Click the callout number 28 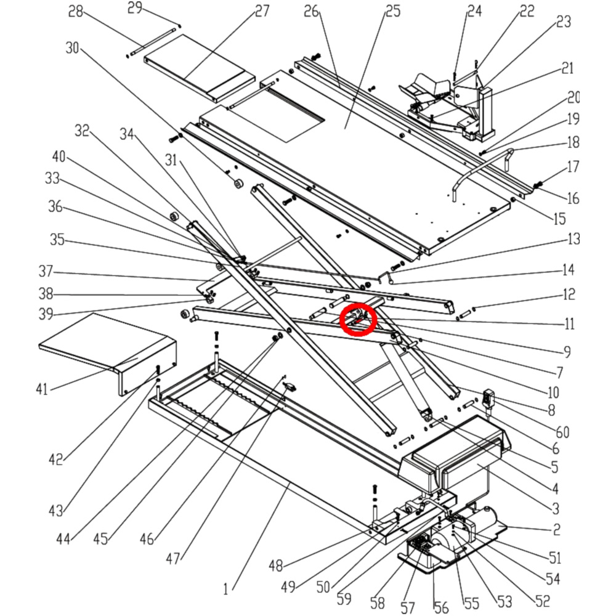click(76, 12)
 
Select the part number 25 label click(392, 11)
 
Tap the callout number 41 click(41, 389)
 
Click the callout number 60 click(562, 432)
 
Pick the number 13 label click(573, 239)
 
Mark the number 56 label click(441, 608)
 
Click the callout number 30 click(72, 48)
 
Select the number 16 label click(573, 198)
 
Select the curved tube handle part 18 click(480, 169)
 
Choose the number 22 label click(527, 11)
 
